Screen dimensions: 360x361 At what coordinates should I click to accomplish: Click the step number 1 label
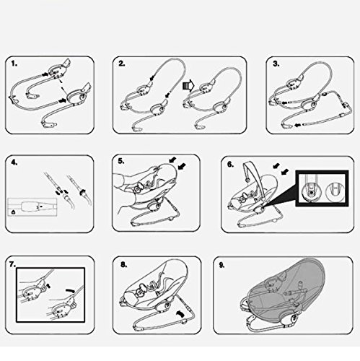click(14, 64)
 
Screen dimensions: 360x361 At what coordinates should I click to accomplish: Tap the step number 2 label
click(122, 64)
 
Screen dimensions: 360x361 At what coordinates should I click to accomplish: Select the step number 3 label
click(276, 64)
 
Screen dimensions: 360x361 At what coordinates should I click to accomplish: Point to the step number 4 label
click(14, 162)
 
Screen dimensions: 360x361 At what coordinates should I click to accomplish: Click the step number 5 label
click(121, 161)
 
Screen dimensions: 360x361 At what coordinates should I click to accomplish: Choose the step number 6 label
click(231, 164)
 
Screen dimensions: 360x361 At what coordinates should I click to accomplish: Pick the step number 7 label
click(13, 264)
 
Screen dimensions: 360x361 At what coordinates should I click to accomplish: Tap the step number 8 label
click(123, 265)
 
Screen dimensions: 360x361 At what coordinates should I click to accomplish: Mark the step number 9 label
click(221, 265)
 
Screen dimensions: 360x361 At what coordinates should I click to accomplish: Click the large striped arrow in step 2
click(188, 86)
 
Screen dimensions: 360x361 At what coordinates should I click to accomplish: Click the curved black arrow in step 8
click(180, 314)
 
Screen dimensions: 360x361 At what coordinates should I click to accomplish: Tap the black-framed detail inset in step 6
click(322, 188)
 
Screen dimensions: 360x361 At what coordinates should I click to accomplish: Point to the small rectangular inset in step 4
click(32, 207)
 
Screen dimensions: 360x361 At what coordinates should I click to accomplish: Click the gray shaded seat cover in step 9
click(284, 287)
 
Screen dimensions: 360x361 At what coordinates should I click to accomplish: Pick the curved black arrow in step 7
click(71, 291)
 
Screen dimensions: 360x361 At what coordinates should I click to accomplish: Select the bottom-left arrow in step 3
click(298, 125)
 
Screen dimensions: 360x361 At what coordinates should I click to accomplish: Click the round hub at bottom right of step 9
click(294, 320)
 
